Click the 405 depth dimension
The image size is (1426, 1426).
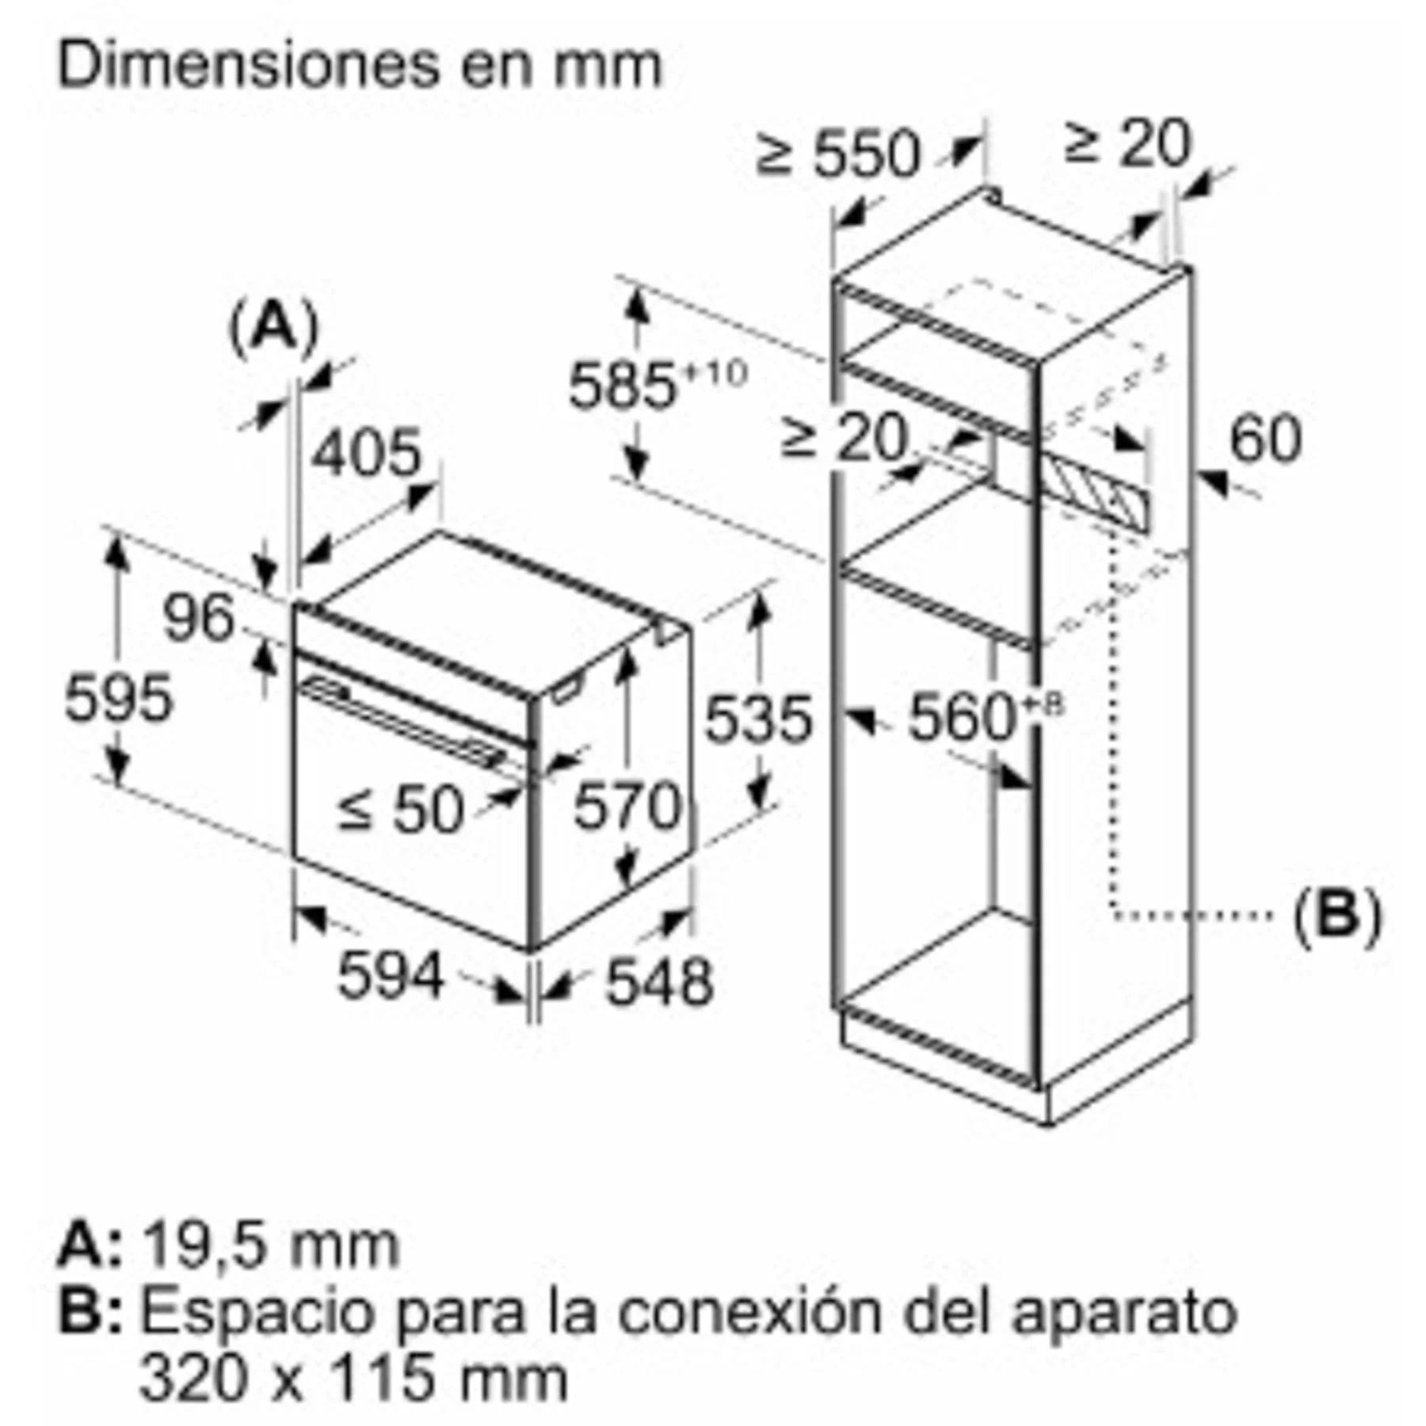click(x=366, y=452)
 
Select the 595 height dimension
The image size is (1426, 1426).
click(x=117, y=698)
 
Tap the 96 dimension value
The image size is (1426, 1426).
click(x=198, y=617)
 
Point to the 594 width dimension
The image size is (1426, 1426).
click(x=391, y=975)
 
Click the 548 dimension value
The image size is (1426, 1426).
click(x=659, y=982)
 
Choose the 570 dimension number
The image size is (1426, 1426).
click(x=627, y=806)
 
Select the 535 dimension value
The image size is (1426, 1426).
click(x=758, y=719)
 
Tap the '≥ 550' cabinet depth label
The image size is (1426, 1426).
click(x=840, y=153)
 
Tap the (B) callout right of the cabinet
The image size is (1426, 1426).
click(x=1337, y=915)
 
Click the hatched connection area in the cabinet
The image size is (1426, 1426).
click(x=1094, y=490)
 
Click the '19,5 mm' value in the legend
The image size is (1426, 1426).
click(x=270, y=1245)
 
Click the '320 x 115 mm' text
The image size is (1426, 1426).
click(x=354, y=1378)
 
